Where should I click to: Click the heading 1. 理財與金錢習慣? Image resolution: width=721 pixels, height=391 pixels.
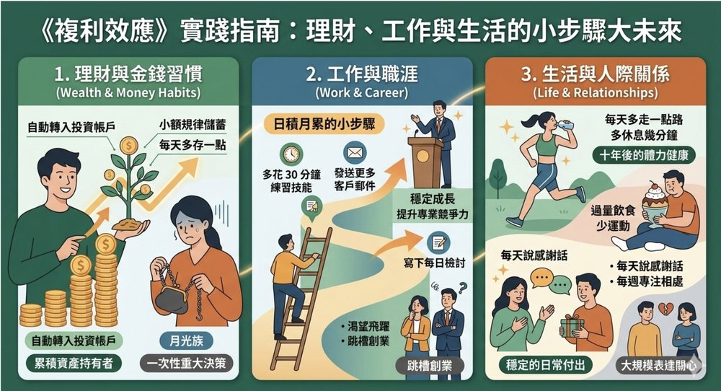128,74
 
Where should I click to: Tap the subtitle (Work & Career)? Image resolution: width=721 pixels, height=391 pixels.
361,92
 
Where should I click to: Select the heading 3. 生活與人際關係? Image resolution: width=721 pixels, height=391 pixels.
595,74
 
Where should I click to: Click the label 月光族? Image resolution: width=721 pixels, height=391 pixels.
186,341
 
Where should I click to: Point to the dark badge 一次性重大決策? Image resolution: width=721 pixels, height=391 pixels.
186,364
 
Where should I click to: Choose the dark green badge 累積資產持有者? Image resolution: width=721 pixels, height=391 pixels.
74,364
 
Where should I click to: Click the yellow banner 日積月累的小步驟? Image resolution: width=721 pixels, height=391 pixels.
324,124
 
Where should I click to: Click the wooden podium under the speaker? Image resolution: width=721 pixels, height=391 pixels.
425,162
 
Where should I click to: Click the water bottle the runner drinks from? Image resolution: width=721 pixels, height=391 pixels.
565,125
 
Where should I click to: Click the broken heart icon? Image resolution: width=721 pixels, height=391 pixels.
665,308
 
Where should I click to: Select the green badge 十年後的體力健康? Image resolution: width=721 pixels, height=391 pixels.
644,156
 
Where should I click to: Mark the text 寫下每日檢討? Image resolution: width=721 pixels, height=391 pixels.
434,263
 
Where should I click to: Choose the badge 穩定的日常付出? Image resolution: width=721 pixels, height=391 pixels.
545,365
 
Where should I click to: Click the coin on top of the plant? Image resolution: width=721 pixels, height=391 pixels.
129,146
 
